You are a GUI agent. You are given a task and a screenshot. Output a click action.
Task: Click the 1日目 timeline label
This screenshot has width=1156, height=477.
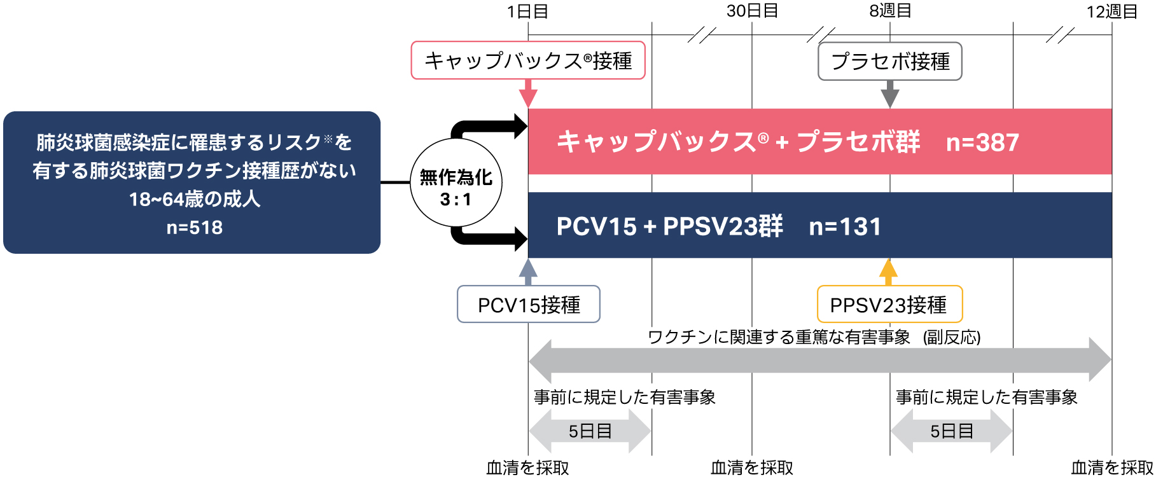(527, 11)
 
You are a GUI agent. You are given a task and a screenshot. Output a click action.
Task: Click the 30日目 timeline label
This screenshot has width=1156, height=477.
(752, 11)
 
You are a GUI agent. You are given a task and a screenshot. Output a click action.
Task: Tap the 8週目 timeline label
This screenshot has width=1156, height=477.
(890, 11)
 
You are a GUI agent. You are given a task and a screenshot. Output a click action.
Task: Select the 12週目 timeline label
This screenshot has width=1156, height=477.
(1111, 11)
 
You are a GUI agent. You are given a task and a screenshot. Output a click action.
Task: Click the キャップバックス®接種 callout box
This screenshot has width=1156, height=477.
(528, 60)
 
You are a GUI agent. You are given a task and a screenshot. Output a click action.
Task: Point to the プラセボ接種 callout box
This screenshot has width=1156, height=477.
(889, 61)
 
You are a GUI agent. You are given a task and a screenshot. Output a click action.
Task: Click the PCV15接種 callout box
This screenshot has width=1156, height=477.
(528, 305)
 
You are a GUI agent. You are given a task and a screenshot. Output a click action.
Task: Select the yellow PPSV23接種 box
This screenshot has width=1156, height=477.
(889, 305)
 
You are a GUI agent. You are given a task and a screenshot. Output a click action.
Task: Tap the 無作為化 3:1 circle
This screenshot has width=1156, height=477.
(456, 183)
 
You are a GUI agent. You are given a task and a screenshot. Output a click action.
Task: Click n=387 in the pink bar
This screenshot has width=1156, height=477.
(982, 142)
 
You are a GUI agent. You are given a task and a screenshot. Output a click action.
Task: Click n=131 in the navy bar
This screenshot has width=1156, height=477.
(845, 226)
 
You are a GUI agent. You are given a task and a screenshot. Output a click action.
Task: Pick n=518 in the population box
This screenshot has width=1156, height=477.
(194, 228)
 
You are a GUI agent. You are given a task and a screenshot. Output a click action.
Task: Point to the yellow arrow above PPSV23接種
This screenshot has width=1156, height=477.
(888, 272)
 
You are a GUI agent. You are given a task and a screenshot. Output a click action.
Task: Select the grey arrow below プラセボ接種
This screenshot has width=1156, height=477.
(890, 95)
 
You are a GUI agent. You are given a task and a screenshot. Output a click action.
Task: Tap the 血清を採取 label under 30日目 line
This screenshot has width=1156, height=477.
(752, 468)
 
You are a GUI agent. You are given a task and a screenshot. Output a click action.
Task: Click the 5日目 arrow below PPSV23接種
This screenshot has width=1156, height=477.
(951, 431)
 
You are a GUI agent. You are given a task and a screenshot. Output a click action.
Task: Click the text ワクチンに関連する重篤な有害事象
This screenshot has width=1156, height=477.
(779, 337)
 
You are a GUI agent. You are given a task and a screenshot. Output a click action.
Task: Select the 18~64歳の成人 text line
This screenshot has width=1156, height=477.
(194, 199)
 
